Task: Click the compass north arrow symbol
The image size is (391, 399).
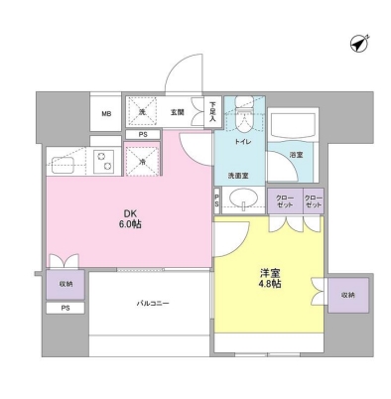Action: (x=359, y=44)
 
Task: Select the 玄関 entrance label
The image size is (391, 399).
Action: (x=177, y=112)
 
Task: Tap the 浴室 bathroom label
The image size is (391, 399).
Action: (x=295, y=156)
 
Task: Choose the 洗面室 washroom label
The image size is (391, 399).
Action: (x=239, y=176)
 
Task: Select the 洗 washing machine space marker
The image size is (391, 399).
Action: (x=143, y=111)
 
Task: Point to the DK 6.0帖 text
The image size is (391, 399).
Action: (x=130, y=221)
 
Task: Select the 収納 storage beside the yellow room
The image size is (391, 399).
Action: (x=347, y=295)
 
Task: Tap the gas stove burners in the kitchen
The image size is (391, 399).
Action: (x=103, y=159)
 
